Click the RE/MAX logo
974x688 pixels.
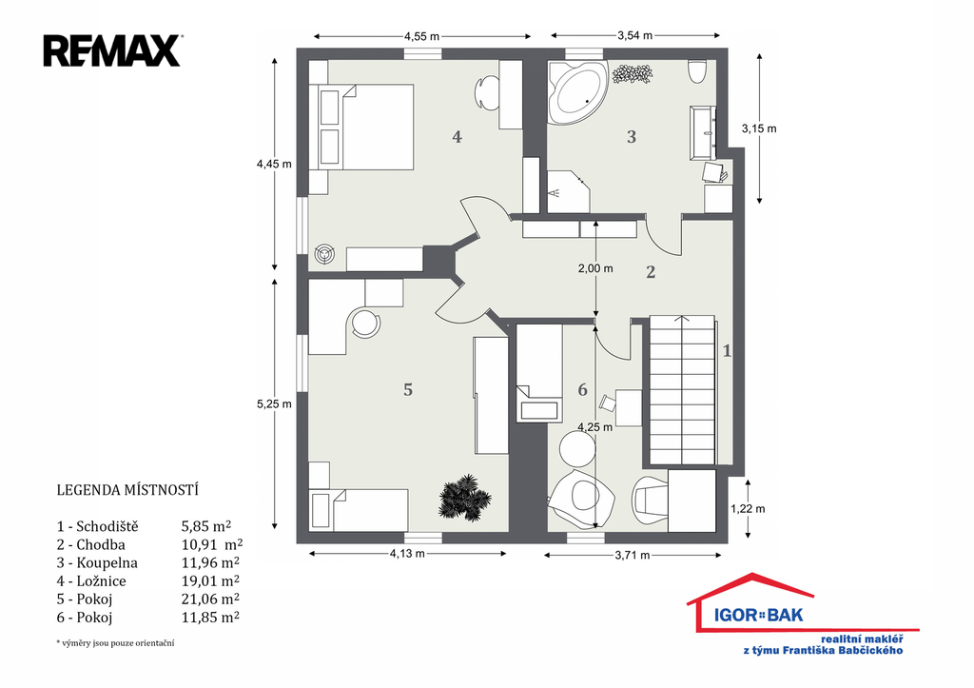(112, 51)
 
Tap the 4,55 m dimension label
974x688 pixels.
(421, 36)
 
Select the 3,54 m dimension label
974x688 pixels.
(634, 35)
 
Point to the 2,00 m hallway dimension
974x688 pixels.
(595, 268)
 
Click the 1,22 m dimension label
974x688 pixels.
(748, 508)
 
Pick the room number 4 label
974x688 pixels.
(458, 137)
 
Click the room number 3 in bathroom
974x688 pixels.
(632, 137)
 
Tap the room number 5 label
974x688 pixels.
(408, 390)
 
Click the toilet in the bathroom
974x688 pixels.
(697, 70)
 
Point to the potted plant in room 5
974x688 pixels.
(464, 497)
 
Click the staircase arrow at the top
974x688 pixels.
(683, 319)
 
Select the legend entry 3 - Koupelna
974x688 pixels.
(97, 563)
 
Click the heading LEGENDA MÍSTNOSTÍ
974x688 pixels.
(127, 490)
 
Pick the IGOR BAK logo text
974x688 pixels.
(758, 616)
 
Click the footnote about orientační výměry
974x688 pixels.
(115, 643)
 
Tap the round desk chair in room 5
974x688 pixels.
(366, 323)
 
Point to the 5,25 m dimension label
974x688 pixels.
(274, 404)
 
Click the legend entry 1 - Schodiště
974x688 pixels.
(98, 526)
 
